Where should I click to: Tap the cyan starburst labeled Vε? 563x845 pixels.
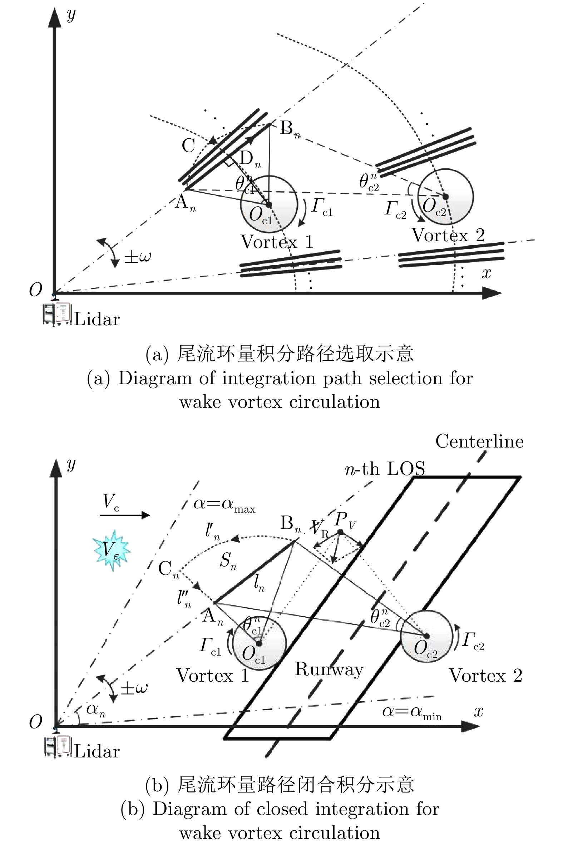[x=112, y=550]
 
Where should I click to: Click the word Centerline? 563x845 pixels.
[x=479, y=441]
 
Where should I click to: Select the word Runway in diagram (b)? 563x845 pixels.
[x=329, y=669]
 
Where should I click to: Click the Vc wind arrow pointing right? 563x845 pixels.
[x=124, y=515]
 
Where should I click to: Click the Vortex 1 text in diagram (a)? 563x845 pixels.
[x=277, y=242]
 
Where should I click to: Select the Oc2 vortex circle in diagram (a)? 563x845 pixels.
[x=445, y=197]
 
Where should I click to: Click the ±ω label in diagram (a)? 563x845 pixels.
[x=138, y=257]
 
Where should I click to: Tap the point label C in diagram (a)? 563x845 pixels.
[x=188, y=145]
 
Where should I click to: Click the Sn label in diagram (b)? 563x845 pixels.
[x=228, y=560]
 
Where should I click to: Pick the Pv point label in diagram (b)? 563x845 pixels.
[x=345, y=520]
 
